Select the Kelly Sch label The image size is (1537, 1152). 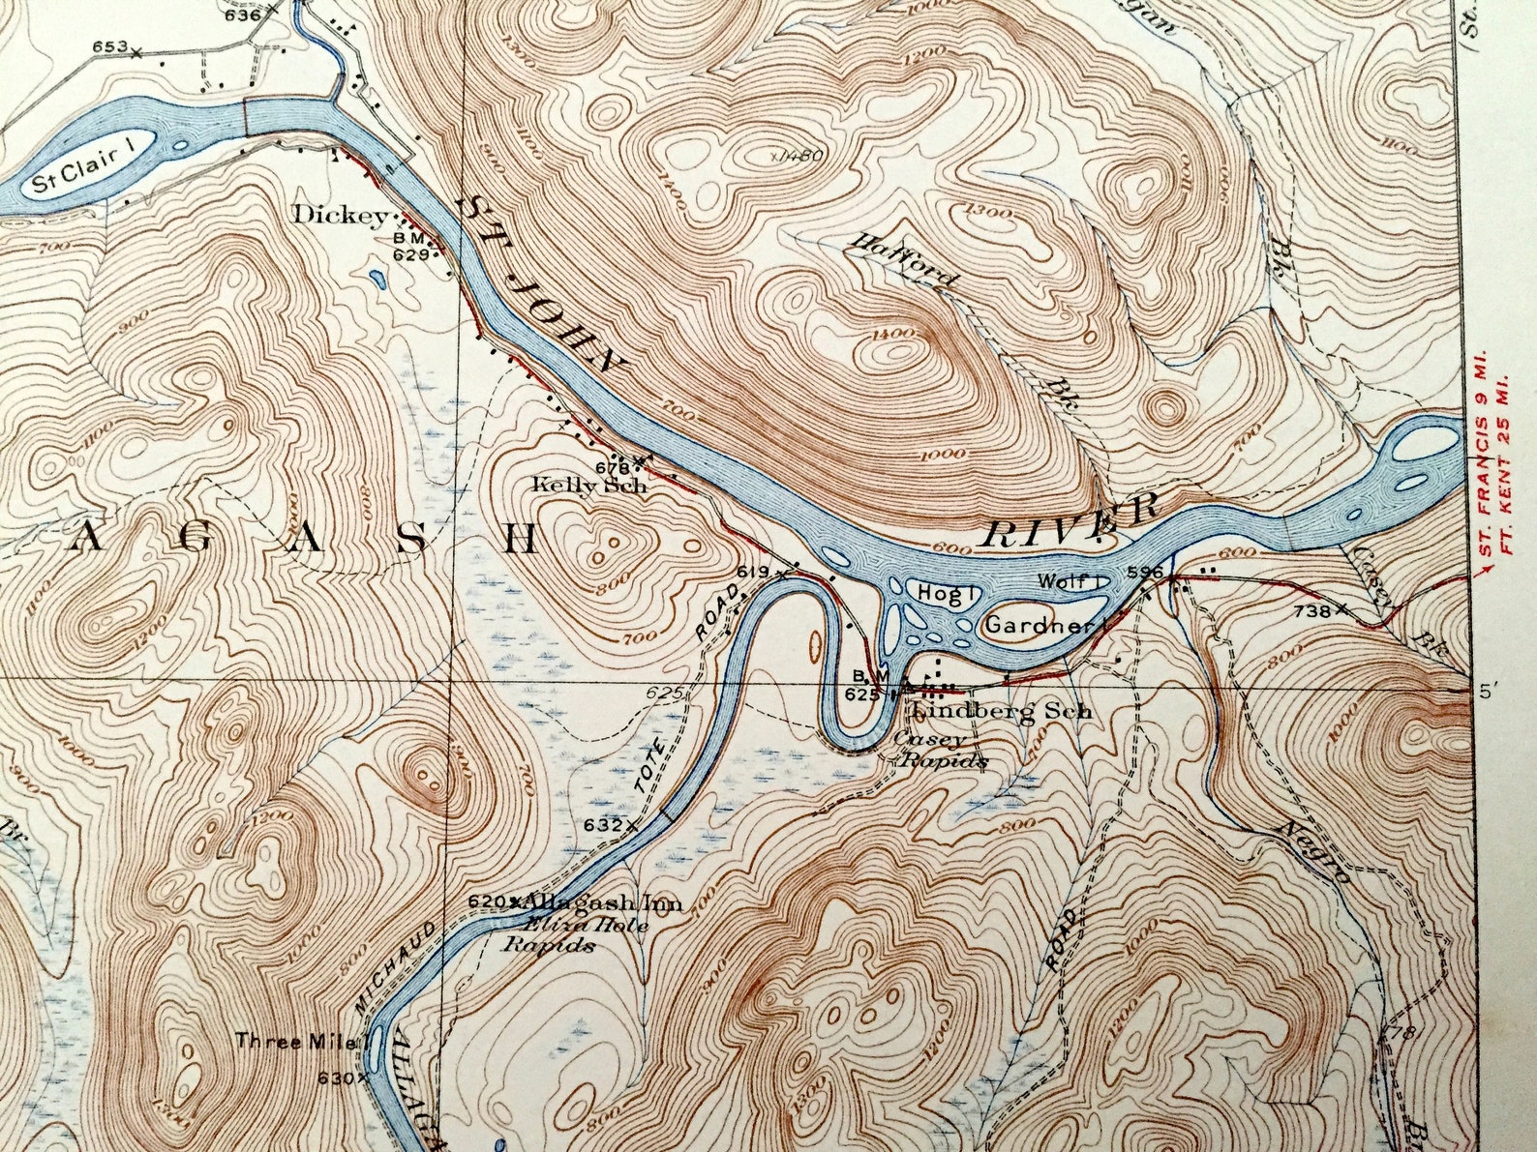point(588,486)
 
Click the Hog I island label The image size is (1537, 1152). point(945,594)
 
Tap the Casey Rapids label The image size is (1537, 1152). point(941,752)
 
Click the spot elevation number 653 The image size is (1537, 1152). point(109,46)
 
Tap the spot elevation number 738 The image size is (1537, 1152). point(1311,611)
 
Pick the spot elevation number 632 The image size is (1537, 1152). point(602,825)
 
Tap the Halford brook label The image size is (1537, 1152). point(902,262)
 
